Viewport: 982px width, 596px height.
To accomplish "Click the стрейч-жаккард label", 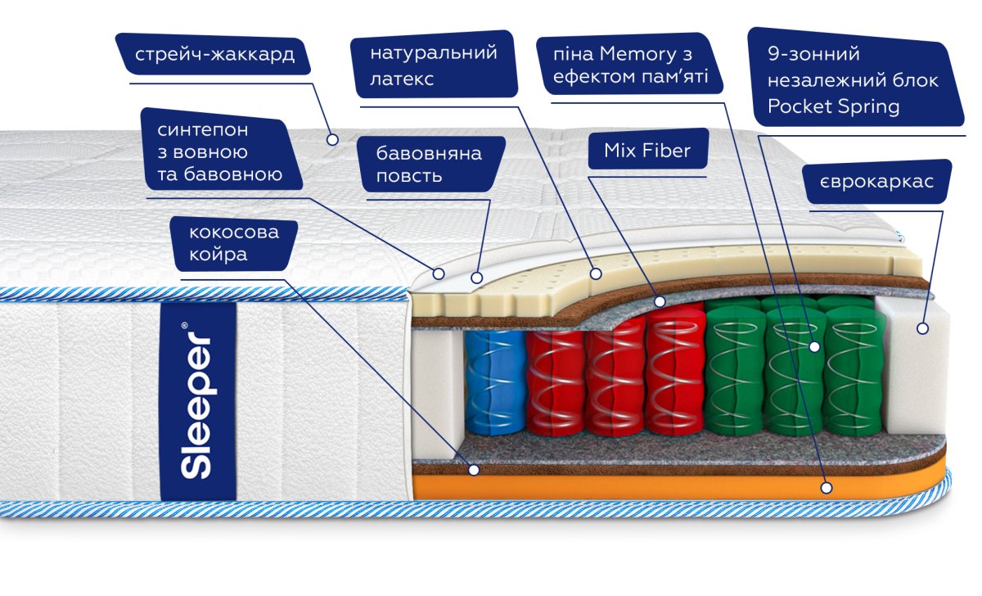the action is pos(214,54).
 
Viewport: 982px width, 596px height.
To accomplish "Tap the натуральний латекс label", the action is pos(434,65).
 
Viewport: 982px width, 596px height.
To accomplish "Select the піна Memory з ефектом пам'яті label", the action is pos(629,64).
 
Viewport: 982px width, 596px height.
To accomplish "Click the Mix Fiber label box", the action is pos(647,150).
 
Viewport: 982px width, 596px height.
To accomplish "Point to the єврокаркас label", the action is pos(876,182).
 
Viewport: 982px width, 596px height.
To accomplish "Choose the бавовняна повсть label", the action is pos(430,165).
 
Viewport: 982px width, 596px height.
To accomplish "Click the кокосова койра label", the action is pos(234,243).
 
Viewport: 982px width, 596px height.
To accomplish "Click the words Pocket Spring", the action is pos(833,106).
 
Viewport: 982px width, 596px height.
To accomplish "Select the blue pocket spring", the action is pos(496,382).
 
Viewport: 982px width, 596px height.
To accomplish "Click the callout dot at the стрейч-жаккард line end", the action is pos(332,139).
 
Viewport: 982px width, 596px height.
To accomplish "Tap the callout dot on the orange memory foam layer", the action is pos(827,488).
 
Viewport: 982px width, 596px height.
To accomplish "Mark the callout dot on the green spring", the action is pos(814,347).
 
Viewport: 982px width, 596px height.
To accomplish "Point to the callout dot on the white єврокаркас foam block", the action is pos(923,328).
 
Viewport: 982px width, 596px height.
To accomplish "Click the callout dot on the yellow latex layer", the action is pos(596,273).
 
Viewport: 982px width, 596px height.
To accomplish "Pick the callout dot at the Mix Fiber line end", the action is pos(660,301).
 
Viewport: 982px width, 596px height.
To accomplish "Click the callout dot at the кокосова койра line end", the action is pos(474,470).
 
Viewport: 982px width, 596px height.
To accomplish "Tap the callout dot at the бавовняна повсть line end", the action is pos(477,278).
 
